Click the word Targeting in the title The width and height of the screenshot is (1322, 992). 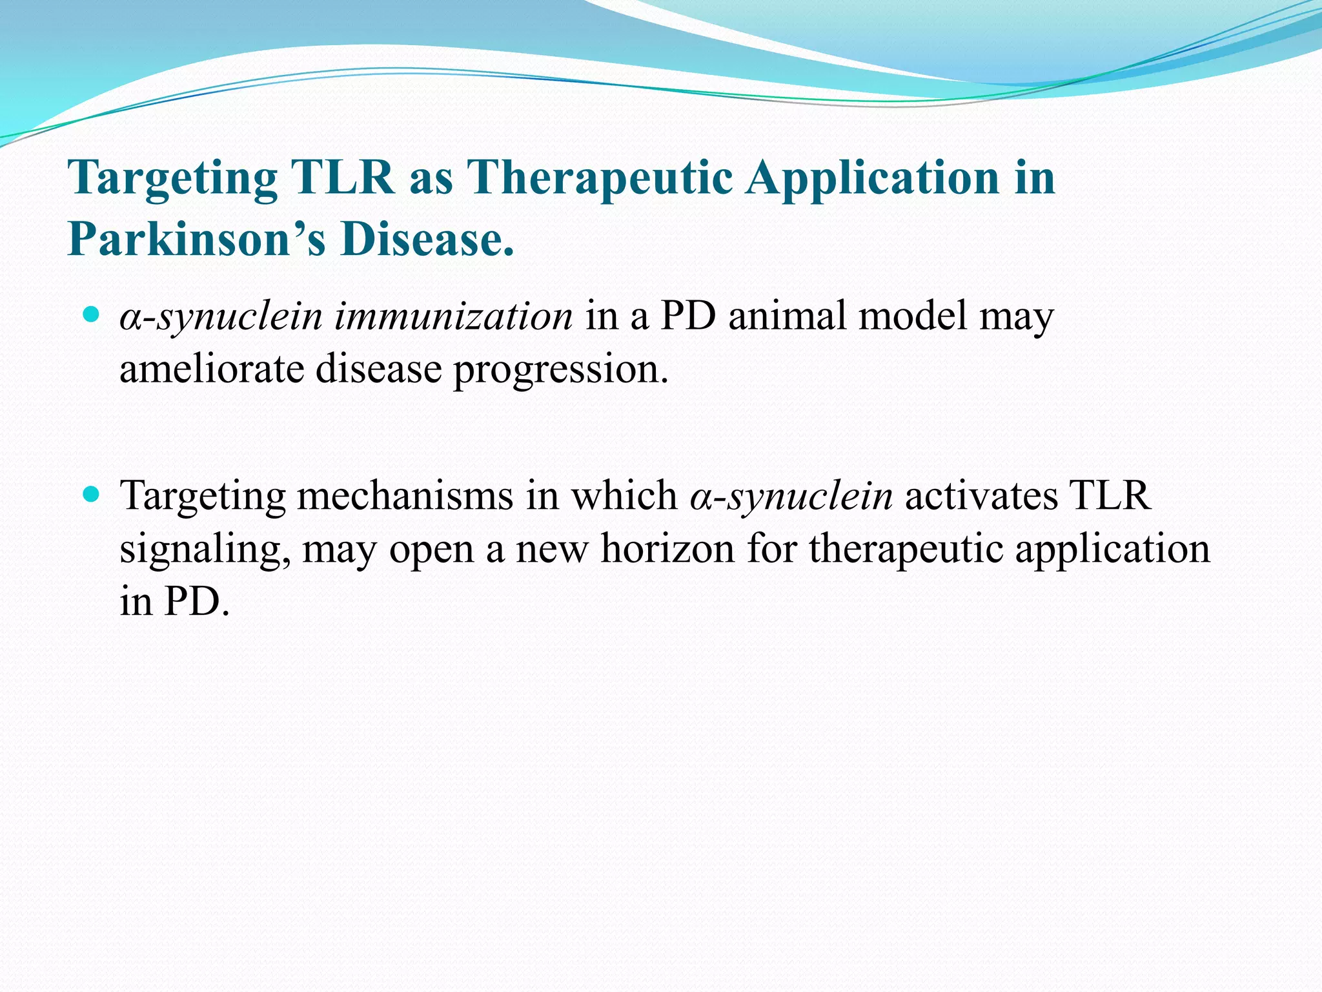(172, 178)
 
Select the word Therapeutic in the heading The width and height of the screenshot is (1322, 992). (599, 178)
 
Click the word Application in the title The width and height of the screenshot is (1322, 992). (872, 178)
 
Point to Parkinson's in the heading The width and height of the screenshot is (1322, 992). (196, 239)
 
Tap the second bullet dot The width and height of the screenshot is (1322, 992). (91, 495)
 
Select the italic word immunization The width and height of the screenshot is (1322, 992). (453, 317)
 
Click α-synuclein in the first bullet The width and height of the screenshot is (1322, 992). (221, 317)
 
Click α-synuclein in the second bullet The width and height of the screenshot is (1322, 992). (791, 497)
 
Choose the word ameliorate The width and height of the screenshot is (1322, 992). (212, 370)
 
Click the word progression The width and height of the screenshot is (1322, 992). (560, 371)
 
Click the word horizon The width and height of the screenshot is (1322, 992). (667, 550)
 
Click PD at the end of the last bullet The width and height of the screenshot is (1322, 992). (196, 603)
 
